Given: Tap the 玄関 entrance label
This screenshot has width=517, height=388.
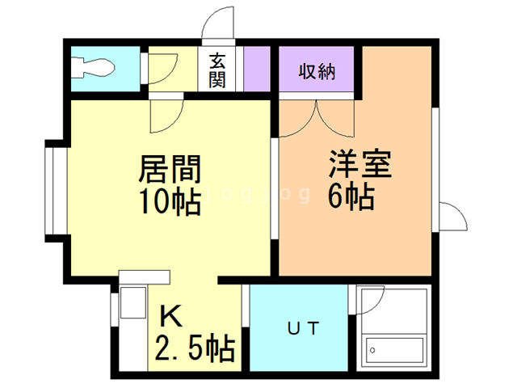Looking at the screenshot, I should [x=218, y=70].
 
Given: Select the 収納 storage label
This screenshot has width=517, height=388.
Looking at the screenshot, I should [x=317, y=70].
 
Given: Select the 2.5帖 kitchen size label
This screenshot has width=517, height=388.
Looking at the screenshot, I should [x=195, y=348].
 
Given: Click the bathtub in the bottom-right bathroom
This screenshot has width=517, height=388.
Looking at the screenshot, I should [x=393, y=349].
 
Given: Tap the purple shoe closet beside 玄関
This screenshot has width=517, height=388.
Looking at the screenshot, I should [x=256, y=70].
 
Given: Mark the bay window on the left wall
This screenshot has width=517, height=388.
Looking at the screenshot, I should [x=53, y=191].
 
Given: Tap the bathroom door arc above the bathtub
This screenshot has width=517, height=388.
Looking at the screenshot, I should [x=372, y=302].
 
